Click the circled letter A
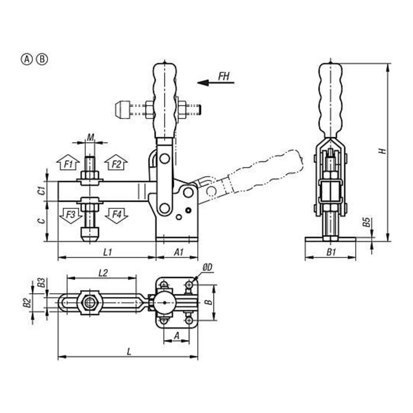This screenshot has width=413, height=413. click(x=26, y=60)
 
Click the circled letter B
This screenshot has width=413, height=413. click(x=42, y=60)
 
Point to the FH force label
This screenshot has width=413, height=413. click(x=224, y=77)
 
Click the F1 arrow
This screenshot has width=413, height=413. click(x=68, y=162)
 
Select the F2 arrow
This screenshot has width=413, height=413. click(x=116, y=162)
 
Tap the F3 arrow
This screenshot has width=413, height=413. click(x=71, y=216)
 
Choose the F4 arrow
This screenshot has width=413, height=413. click(x=116, y=216)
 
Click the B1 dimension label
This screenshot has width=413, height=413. click(x=331, y=252)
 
